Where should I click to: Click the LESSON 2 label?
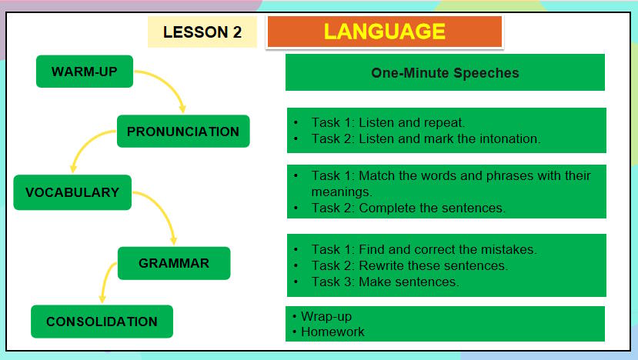point(202,32)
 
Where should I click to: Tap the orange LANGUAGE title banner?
point(384,32)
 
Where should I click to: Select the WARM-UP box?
point(84,72)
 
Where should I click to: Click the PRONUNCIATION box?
point(183,132)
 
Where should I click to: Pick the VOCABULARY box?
point(72,192)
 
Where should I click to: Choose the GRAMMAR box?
point(174,263)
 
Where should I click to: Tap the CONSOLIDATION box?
point(102,322)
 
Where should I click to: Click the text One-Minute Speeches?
point(445,74)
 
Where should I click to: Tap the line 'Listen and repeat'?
point(388,122)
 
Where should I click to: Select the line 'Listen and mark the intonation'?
point(426,139)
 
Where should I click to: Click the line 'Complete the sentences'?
point(408,208)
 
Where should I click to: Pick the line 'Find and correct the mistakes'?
point(423,249)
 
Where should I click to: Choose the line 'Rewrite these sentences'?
point(409,265)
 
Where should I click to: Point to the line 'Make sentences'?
point(385,282)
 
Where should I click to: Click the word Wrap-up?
point(326,316)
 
